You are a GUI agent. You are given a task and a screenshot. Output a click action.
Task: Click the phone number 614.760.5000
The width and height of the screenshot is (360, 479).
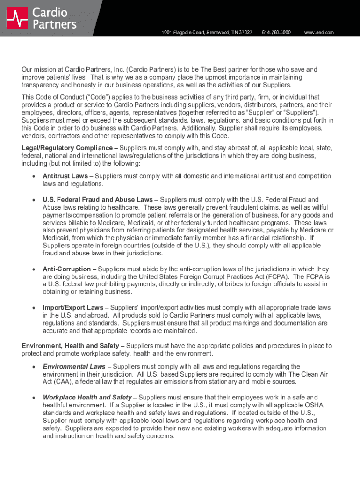tap(276, 32)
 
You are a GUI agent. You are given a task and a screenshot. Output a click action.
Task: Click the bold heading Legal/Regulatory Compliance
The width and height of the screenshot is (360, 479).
tap(67, 148)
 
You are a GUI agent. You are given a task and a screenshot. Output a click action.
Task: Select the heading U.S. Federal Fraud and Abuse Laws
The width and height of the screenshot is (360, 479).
tap(97, 199)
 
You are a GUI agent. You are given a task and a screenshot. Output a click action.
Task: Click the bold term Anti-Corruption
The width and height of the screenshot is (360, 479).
tap(66, 269)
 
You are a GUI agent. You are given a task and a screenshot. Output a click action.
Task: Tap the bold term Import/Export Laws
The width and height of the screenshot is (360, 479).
tap(72, 307)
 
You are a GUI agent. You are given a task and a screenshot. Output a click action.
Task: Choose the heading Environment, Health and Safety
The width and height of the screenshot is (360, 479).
tap(70, 346)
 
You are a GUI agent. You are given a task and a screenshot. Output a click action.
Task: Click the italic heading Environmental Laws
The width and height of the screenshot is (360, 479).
tap(74, 366)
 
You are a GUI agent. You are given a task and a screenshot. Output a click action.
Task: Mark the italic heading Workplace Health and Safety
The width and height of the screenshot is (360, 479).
tap(87, 397)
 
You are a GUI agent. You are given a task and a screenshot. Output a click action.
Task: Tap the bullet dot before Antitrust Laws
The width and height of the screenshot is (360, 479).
tap(33, 177)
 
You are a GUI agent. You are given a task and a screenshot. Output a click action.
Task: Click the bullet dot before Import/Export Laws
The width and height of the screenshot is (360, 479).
tap(33, 308)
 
